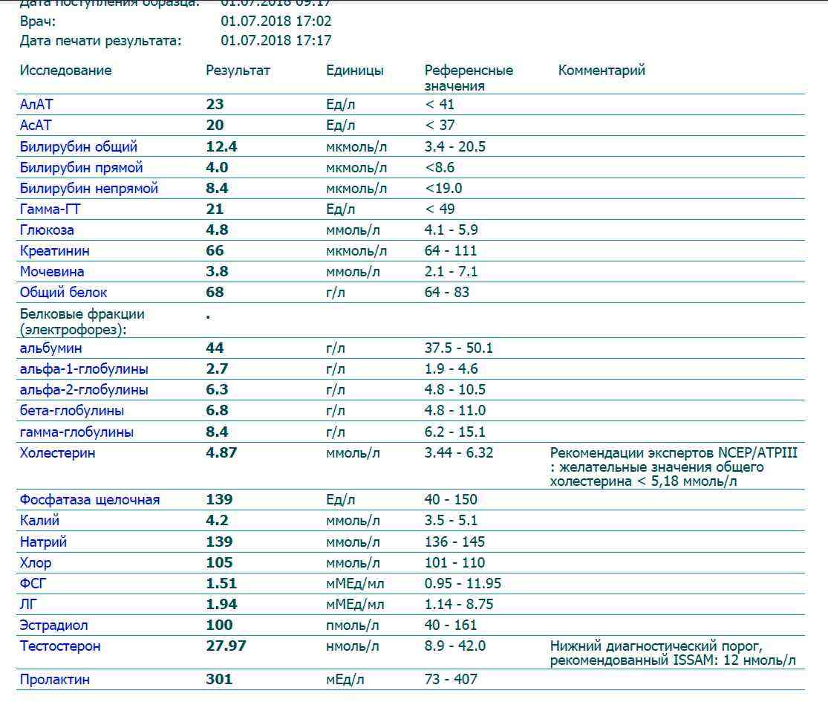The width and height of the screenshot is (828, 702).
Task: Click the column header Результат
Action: tap(238, 71)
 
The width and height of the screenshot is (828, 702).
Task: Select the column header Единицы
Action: tap(355, 71)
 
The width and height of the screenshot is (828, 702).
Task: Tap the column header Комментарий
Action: tap(602, 71)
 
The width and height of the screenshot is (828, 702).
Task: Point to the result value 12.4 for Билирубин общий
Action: tap(221, 146)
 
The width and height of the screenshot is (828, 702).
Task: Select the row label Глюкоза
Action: tap(47, 230)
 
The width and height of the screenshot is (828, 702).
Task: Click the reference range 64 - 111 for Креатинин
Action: tap(451, 250)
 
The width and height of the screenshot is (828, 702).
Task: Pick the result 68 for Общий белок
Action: tap(215, 292)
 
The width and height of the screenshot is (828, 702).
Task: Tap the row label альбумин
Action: tap(50, 348)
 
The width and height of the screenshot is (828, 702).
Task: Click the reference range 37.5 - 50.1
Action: tap(459, 348)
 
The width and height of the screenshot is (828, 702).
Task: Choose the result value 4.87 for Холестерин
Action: tap(221, 452)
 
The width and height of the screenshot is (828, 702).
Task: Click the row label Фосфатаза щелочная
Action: tap(90, 500)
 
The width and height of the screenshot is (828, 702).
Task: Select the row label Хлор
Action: tap(36, 562)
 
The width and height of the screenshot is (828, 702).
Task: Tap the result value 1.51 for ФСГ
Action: tap(221, 583)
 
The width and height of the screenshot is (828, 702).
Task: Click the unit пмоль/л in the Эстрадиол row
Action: tap(353, 625)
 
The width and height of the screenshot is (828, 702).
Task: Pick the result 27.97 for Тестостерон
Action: tap(226, 646)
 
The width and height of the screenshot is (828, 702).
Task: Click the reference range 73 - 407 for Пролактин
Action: tap(451, 679)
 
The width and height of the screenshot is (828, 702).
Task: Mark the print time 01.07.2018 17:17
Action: tap(276, 40)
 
